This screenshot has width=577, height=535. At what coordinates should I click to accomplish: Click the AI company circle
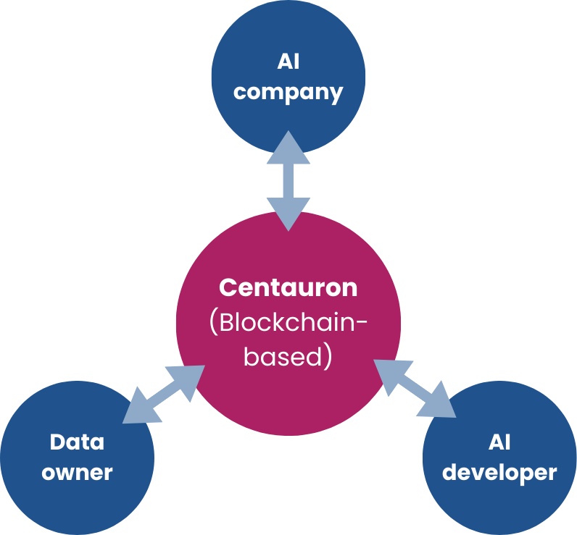tap(288, 43)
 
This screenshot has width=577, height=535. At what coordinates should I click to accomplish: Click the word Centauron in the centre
tap(288, 287)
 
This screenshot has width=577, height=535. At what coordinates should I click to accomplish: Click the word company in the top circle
tap(288, 93)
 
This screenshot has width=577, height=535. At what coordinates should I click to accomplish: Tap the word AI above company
tap(288, 62)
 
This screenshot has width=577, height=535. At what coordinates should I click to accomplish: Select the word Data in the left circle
tap(77, 441)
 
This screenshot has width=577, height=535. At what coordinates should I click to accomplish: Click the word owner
tap(77, 473)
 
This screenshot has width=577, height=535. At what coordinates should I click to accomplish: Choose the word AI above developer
tap(499, 441)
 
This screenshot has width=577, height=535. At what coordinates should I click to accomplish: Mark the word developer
tap(499, 473)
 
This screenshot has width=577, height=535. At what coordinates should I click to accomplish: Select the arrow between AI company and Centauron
tap(288, 181)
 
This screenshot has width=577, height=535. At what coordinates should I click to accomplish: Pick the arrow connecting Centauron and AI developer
tap(415, 388)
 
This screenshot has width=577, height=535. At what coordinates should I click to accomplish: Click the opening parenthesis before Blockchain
tap(213, 323)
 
